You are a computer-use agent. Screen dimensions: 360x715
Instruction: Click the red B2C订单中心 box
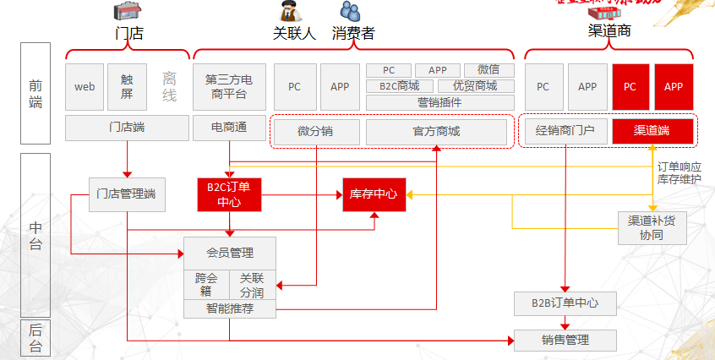[x=229, y=194]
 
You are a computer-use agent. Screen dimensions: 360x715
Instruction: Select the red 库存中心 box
[x=374, y=194]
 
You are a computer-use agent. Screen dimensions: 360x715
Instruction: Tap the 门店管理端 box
[x=127, y=194]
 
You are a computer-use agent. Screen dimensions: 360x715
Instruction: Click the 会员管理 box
[x=230, y=252]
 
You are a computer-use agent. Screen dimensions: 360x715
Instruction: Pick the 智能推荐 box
[x=230, y=308]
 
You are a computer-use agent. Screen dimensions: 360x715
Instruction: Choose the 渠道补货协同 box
[x=652, y=226]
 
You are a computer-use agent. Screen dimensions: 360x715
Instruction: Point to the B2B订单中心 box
[x=565, y=303]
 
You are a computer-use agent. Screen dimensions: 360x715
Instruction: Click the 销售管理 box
[x=565, y=341]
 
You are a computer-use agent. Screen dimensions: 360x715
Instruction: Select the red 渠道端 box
[x=652, y=130]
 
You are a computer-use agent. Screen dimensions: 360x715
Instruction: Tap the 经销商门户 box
[x=565, y=130]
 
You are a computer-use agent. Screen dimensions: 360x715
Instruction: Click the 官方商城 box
[x=436, y=131]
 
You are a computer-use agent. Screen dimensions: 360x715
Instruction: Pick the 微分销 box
[x=316, y=131]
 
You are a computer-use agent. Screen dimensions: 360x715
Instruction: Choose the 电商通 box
[x=230, y=128]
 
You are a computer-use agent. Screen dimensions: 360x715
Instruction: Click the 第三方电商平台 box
[x=230, y=86]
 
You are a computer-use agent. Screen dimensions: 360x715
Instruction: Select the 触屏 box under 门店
[x=127, y=86]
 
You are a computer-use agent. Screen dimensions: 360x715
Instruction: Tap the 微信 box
[x=488, y=70]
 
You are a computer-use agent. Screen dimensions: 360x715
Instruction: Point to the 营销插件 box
[x=439, y=102]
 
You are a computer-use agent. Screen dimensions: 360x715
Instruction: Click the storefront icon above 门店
[x=126, y=11]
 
